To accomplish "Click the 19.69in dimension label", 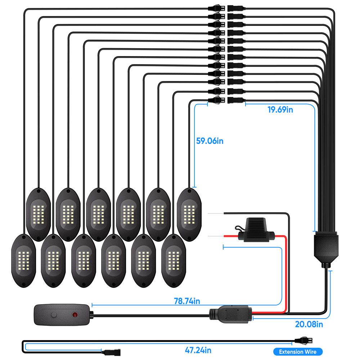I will pyautogui.click(x=280, y=109).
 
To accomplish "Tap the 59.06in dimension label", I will pyautogui.click(x=210, y=141).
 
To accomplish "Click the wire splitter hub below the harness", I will pyautogui.click(x=326, y=248).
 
